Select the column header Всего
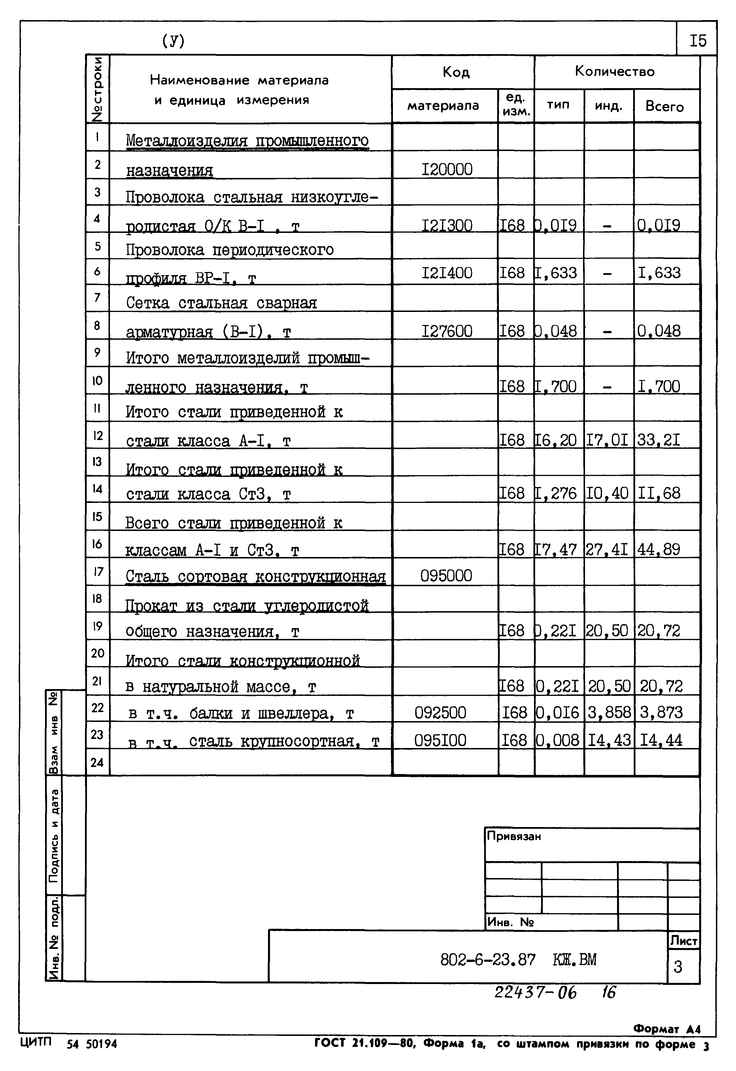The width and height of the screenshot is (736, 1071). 665,107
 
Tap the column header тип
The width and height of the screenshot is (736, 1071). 558,105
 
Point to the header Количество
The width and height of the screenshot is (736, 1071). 615,71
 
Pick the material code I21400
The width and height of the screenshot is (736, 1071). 447,273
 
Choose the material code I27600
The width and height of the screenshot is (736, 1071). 447,331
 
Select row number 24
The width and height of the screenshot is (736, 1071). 97,762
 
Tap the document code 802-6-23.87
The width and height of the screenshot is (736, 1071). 488,960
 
